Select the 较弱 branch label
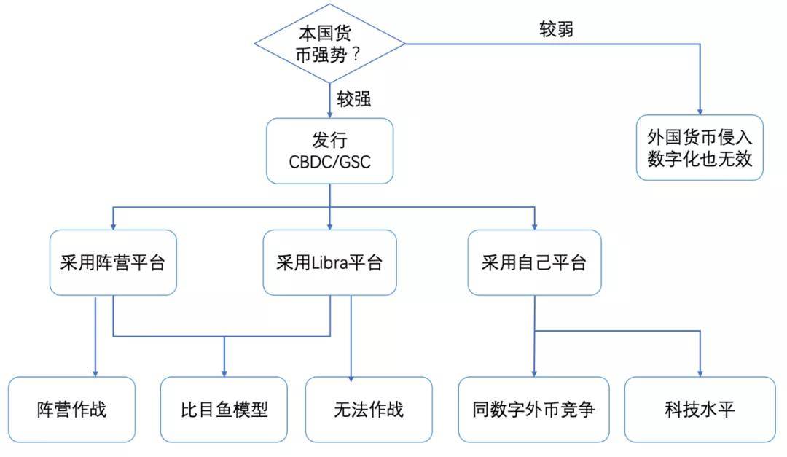pyautogui.click(x=556, y=29)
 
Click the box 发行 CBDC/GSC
pyautogui.click(x=330, y=151)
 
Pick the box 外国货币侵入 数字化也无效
pyautogui.click(x=700, y=147)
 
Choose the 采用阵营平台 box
pyautogui.click(x=113, y=262)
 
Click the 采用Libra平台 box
pyautogui.click(x=329, y=262)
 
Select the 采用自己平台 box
pyautogui.click(x=535, y=262)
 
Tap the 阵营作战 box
pyautogui.click(x=71, y=410)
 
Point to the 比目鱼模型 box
pyautogui.click(x=224, y=410)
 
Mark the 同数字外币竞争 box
pyautogui.click(x=533, y=410)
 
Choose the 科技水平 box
pyautogui.click(x=700, y=410)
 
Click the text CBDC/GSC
pyautogui.click(x=329, y=162)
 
